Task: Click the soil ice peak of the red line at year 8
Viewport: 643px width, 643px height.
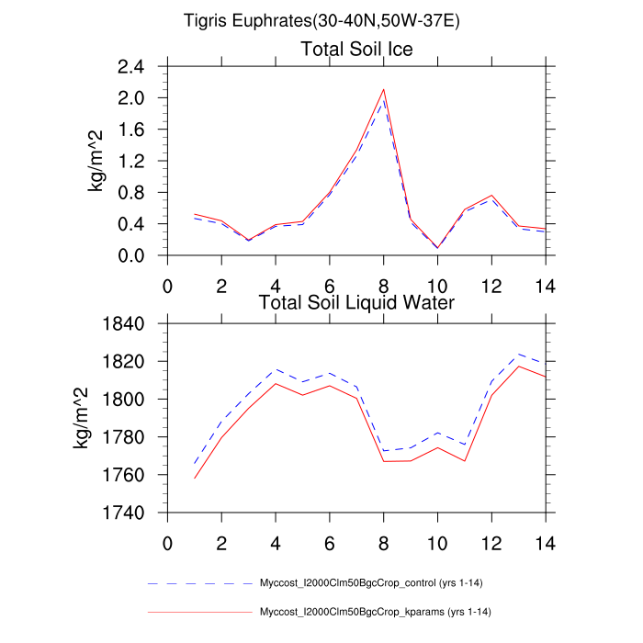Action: (383, 89)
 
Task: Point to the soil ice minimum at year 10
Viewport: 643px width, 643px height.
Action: (437, 247)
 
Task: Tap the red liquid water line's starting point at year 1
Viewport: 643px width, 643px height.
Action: (194, 479)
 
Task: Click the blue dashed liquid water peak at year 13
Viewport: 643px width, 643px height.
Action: (519, 354)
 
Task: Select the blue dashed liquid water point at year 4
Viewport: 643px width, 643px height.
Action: (276, 369)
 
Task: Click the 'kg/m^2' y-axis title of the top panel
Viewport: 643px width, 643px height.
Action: (95, 162)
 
